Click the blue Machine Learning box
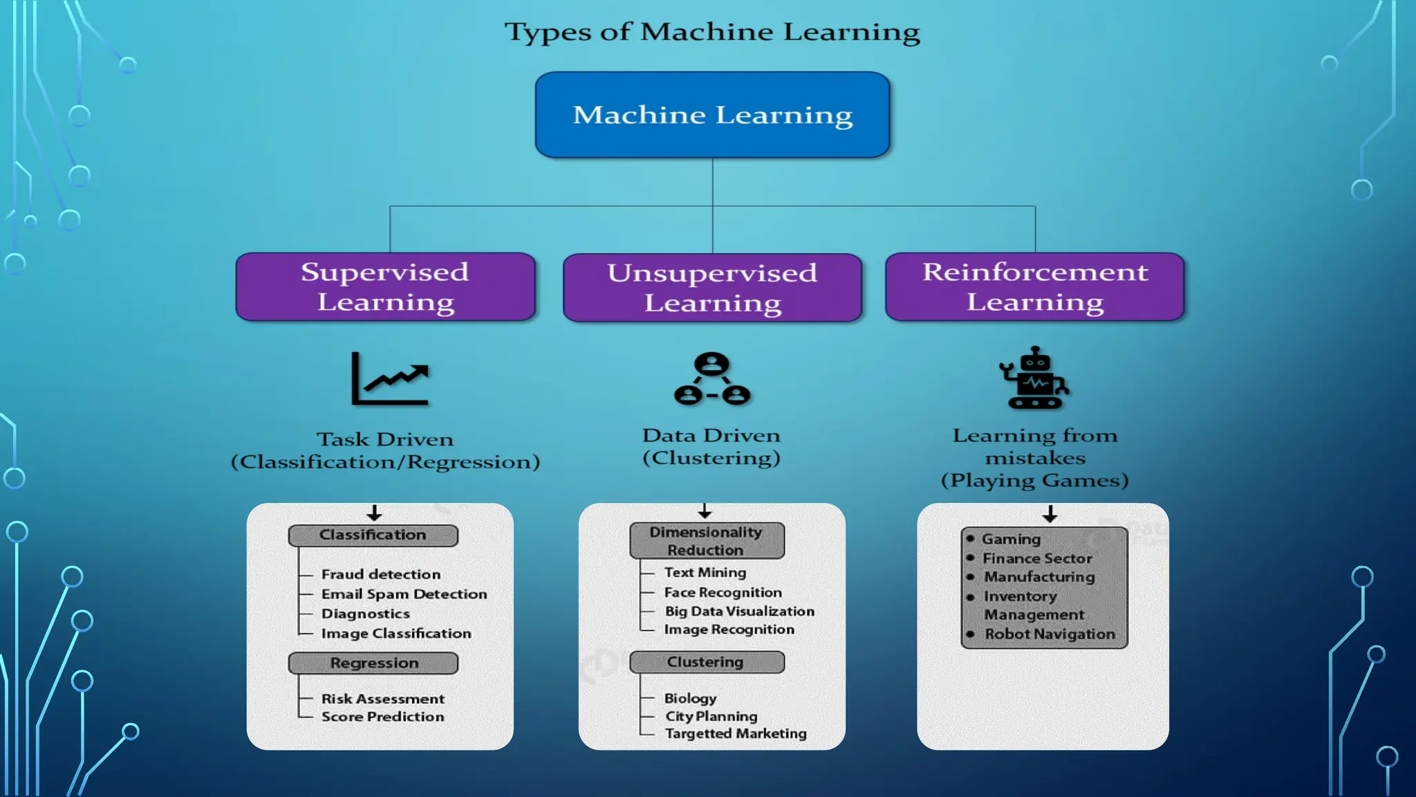[712, 115]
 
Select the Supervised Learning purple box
[385, 287]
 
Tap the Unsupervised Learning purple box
[712, 288]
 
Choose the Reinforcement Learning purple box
[1034, 287]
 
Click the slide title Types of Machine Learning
[712, 32]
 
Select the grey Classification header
[373, 535]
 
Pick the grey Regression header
[373, 663]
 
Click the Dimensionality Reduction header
[706, 541]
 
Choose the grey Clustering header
[706, 662]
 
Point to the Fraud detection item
[380, 574]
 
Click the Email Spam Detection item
[404, 594]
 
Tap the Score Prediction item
[382, 717]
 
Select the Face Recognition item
[723, 593]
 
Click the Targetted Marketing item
[736, 733]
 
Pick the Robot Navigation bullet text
[1050, 634]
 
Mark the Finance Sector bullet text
[1037, 558]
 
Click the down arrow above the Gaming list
[1050, 514]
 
